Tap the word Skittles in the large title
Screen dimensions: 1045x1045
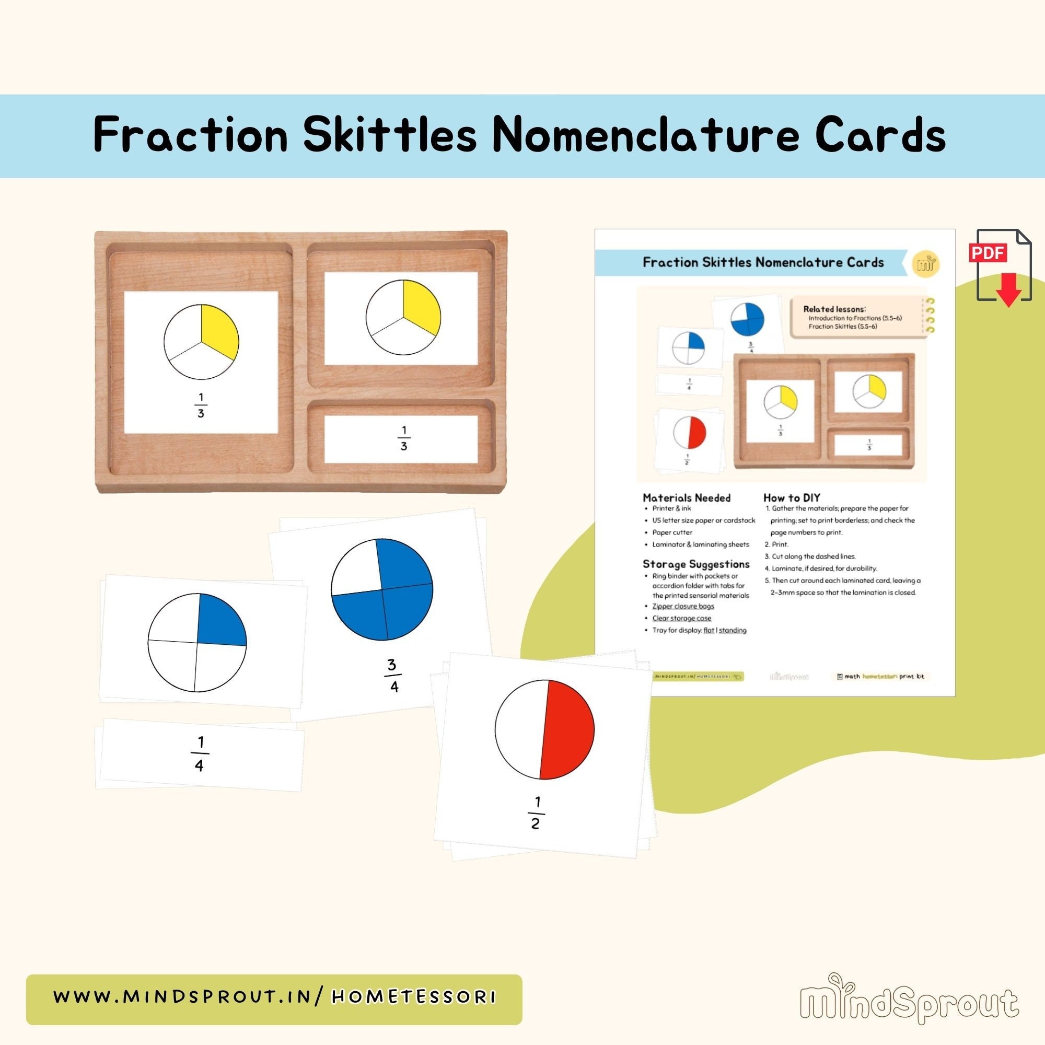[389, 135]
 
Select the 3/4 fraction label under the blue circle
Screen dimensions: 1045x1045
[393, 675]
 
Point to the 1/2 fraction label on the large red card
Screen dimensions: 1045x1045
[535, 812]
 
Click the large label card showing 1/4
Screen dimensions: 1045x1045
[200, 754]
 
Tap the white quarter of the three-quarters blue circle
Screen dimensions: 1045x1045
[353, 568]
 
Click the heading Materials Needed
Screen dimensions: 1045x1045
[687, 497]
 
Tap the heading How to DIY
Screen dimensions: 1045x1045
[791, 497]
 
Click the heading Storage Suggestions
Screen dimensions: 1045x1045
[695, 564]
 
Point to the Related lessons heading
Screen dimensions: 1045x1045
[834, 309]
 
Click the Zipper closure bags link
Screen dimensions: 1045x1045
[682, 606]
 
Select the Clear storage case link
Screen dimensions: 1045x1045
[681, 618]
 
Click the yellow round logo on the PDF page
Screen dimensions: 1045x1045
[925, 264]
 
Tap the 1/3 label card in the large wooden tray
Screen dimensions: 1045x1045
[403, 439]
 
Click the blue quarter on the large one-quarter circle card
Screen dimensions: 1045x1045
[220, 621]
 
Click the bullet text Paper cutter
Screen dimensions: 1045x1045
[672, 532]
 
